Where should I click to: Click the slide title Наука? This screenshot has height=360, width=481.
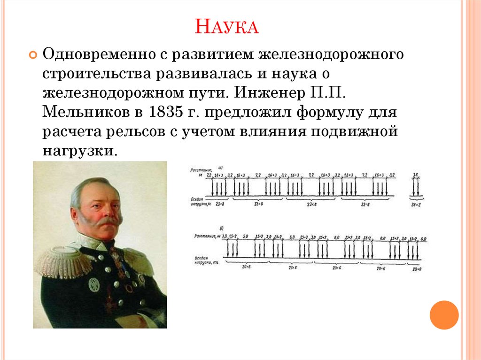226,26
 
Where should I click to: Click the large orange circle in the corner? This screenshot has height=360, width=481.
443,314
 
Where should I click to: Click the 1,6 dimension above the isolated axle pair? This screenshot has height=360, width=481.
415,175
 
